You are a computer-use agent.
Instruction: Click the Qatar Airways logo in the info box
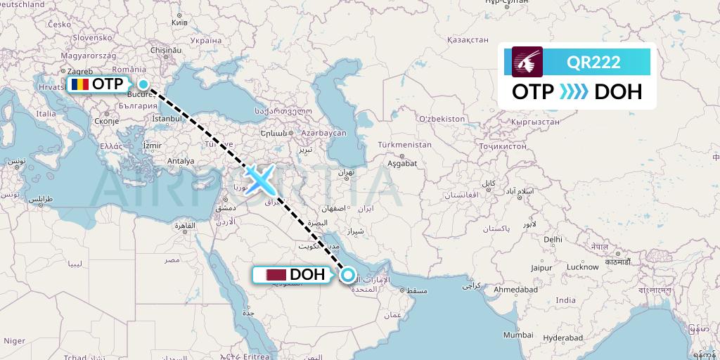coord(528,62)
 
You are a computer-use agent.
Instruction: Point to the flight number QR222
coord(593,62)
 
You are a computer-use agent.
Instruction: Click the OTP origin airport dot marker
coord(143,84)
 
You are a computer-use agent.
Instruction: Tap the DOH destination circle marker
coord(347,275)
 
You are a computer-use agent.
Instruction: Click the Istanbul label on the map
coord(167,119)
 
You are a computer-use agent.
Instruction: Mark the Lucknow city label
coord(582,267)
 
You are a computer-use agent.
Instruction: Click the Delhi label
coord(553,239)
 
